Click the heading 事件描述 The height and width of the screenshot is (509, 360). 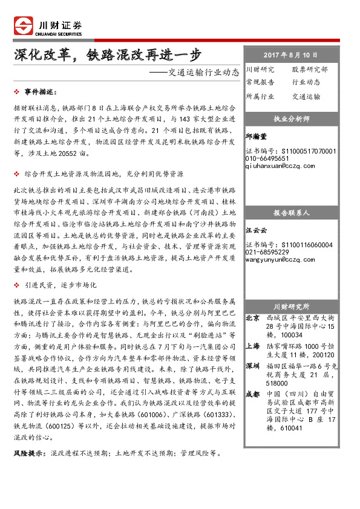click(x=39, y=91)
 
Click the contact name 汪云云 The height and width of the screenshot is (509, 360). click(x=257, y=231)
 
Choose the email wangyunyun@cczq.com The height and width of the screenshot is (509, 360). click(x=277, y=259)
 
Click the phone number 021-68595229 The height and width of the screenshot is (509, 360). click(x=267, y=251)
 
